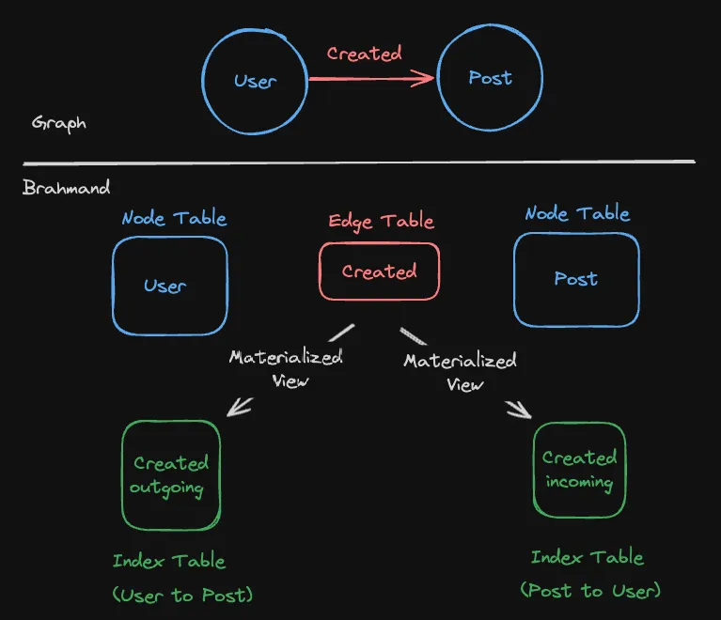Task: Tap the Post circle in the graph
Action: pyautogui.click(x=490, y=78)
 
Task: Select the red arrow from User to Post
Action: pyautogui.click(x=370, y=79)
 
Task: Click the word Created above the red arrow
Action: pyautogui.click(x=364, y=54)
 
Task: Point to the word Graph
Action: pyautogui.click(x=58, y=123)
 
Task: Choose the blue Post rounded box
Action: pyautogui.click(x=575, y=279)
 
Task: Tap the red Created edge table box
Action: pyautogui.click(x=379, y=271)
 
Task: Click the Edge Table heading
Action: pyautogui.click(x=381, y=222)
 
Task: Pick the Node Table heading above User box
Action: pyautogui.click(x=174, y=219)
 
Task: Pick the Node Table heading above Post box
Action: pyautogui.click(x=577, y=213)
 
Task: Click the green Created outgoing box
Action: pyautogui.click(x=171, y=475)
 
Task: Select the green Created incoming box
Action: pyautogui.click(x=579, y=470)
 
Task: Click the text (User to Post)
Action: pyautogui.click(x=182, y=596)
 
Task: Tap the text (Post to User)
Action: pyautogui.click(x=590, y=590)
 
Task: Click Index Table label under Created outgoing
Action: pyautogui.click(x=169, y=562)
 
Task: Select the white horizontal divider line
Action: pyautogui.click(x=357, y=163)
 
